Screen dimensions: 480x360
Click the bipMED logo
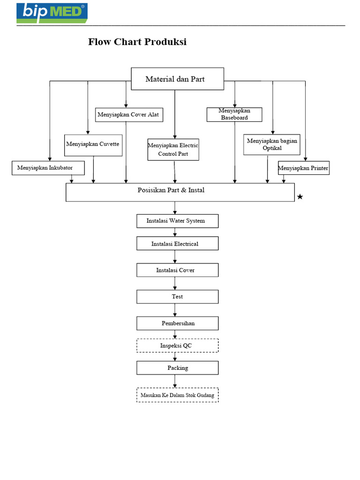pyautogui.click(x=52, y=13)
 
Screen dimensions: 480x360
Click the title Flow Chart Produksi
pyautogui.click(x=137, y=42)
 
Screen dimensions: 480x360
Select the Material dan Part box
pyautogui.click(x=177, y=79)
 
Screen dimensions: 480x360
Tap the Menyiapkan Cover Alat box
pyautogui.click(x=129, y=114)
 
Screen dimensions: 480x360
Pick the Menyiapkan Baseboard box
pyautogui.click(x=234, y=114)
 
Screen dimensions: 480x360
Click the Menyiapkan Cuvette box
pyautogui.click(x=93, y=145)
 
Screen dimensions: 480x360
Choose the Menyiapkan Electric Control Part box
pyautogui.click(x=173, y=150)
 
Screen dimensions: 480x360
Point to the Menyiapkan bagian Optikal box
pyautogui.click(x=272, y=144)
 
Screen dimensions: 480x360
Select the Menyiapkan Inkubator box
pyautogui.click(x=48, y=168)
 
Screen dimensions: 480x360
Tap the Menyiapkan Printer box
pyautogui.click(x=303, y=168)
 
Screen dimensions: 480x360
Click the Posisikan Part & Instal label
pyautogui.click(x=171, y=190)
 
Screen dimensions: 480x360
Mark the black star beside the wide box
pyautogui.click(x=300, y=197)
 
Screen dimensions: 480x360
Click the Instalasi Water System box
pyautogui.click(x=177, y=221)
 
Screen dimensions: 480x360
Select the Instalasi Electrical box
pyautogui.click(x=177, y=244)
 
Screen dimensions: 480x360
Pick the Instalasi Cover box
pyautogui.click(x=177, y=270)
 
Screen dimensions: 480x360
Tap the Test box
pyautogui.click(x=177, y=297)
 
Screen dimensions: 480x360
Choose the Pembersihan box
pyautogui.click(x=177, y=323)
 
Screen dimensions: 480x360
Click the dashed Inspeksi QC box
pyautogui.click(x=177, y=346)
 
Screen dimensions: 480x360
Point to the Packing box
pyautogui.click(x=177, y=368)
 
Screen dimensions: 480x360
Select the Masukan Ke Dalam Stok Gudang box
pyautogui.click(x=177, y=395)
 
